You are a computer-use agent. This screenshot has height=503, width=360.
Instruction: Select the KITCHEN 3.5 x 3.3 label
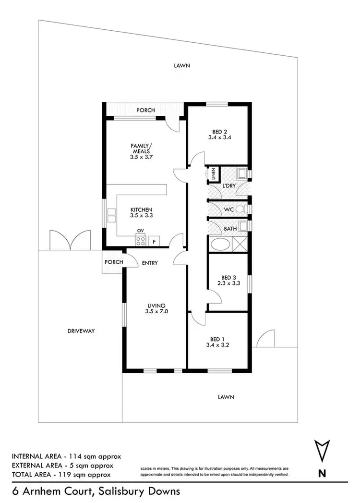click(141, 213)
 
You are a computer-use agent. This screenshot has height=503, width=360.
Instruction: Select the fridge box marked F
click(154, 241)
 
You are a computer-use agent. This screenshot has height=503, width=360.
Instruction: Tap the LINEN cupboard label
click(211, 174)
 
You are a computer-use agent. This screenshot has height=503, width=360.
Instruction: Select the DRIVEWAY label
click(80, 331)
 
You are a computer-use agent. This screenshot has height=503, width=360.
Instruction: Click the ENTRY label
click(150, 263)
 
